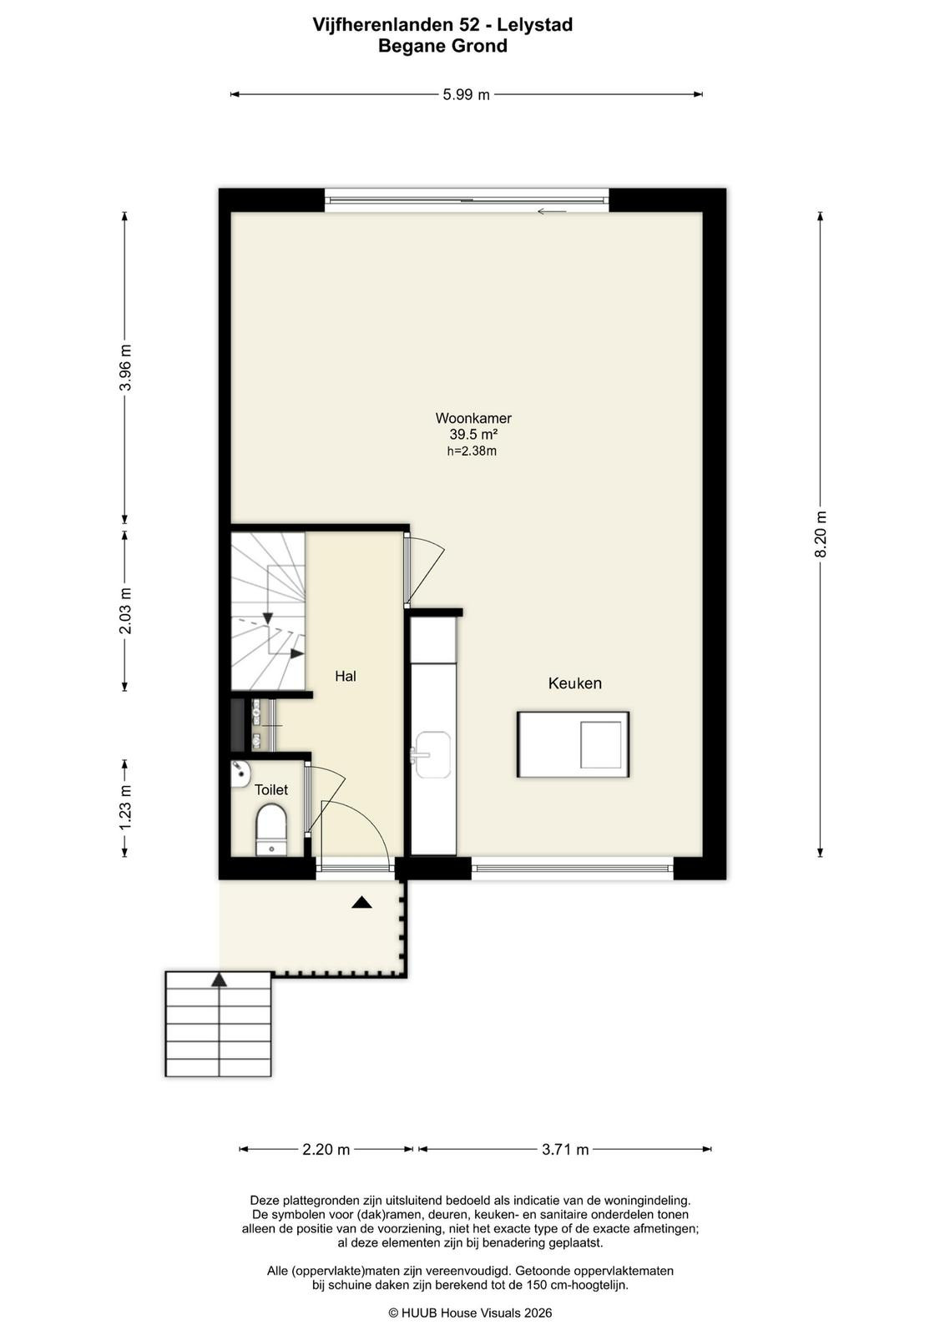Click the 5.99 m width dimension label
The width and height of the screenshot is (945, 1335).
pyautogui.click(x=466, y=95)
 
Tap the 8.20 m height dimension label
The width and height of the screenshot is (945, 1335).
pyautogui.click(x=821, y=534)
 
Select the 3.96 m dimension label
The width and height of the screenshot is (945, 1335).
pyautogui.click(x=125, y=368)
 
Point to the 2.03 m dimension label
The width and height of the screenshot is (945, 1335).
pyautogui.click(x=125, y=611)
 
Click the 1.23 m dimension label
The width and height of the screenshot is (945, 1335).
pyautogui.click(x=125, y=807)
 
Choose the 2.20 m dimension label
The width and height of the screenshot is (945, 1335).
pyautogui.click(x=326, y=1149)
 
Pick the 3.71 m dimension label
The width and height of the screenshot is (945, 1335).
pyautogui.click(x=565, y=1149)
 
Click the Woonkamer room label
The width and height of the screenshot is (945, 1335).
pyautogui.click(x=473, y=418)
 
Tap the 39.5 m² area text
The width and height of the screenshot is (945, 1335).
pyautogui.click(x=473, y=435)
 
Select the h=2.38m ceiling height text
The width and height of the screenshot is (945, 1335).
pyautogui.click(x=472, y=451)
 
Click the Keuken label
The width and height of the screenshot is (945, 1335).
pyautogui.click(x=574, y=683)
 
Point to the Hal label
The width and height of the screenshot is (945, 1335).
pyautogui.click(x=346, y=676)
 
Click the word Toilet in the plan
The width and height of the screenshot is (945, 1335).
pyautogui.click(x=271, y=789)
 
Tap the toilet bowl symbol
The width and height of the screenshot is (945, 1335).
pyautogui.click(x=271, y=829)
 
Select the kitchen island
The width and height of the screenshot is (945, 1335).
pyautogui.click(x=573, y=744)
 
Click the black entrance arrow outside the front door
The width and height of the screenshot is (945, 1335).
pyautogui.click(x=362, y=902)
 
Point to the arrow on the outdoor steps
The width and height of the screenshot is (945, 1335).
pyautogui.click(x=220, y=980)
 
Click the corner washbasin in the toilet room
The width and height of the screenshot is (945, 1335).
pyautogui.click(x=240, y=773)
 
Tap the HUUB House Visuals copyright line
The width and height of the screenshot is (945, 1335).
pyautogui.click(x=471, y=1313)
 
